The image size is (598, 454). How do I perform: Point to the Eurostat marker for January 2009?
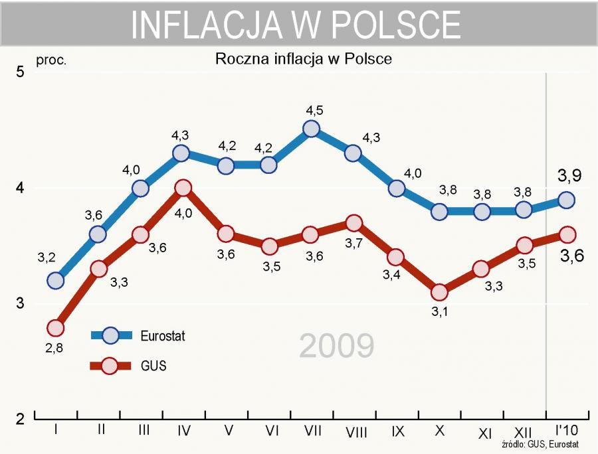click(x=56, y=281)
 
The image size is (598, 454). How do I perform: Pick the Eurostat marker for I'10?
click(x=566, y=200)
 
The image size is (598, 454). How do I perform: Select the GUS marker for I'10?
click(x=566, y=234)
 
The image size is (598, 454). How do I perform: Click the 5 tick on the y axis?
click(x=20, y=72)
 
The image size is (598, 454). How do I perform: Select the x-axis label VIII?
click(x=357, y=432)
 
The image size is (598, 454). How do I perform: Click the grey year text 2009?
click(x=336, y=346)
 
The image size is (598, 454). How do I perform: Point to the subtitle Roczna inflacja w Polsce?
click(x=303, y=58)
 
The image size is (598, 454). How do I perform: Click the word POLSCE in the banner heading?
click(x=394, y=25)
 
